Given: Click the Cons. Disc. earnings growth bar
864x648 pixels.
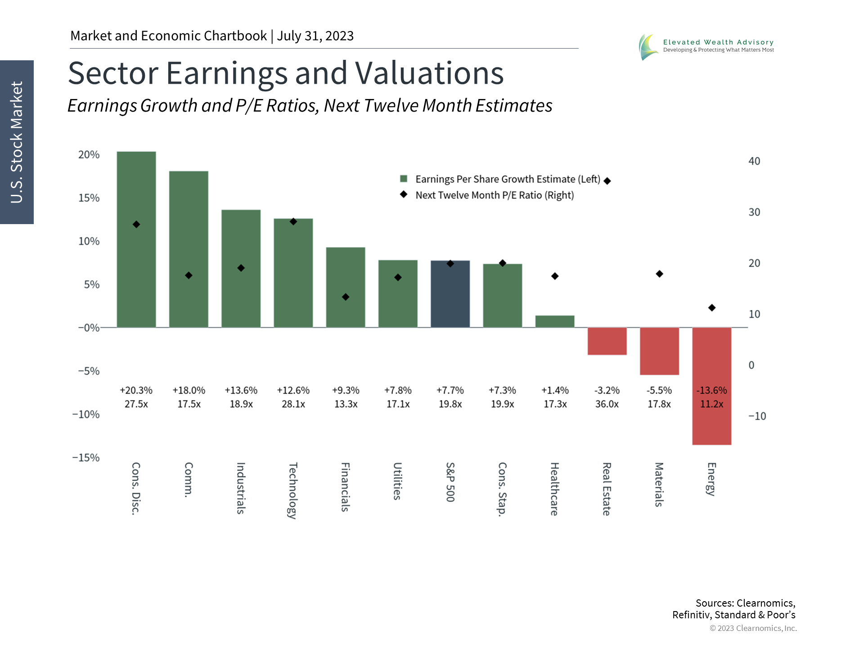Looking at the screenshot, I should pos(136,239).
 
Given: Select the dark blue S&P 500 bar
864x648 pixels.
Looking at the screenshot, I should pos(450,294).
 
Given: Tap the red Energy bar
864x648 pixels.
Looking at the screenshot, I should pos(711,386).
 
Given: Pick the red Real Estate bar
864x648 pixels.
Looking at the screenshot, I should pos(607,341).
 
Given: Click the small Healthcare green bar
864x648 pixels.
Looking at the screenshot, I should pos(555,321).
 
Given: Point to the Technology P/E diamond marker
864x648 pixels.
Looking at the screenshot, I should pos(293,221).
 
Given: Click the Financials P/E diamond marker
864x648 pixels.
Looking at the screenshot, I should pos(346,297).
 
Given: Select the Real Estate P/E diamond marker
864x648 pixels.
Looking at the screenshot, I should pos(607,181).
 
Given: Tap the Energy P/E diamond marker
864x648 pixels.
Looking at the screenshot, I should pos(712,308).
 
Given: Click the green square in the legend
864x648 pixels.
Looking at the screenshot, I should pos(404,179).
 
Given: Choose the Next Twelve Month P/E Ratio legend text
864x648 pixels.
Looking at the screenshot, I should pos(495,195).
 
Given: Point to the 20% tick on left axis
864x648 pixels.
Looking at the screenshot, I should pos(89,155).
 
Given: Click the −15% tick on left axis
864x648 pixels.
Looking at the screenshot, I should pos(86,458).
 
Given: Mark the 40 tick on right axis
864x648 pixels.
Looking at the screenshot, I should pos(754,161).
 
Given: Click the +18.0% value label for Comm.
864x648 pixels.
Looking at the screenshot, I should pos(189,390).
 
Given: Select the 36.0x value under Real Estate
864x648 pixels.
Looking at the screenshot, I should pos(607,404).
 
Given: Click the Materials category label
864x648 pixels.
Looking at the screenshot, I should pos(659,485).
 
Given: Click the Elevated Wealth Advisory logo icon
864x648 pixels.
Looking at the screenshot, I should pos(648,47).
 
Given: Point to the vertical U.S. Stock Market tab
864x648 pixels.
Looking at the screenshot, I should pos(17,142).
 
